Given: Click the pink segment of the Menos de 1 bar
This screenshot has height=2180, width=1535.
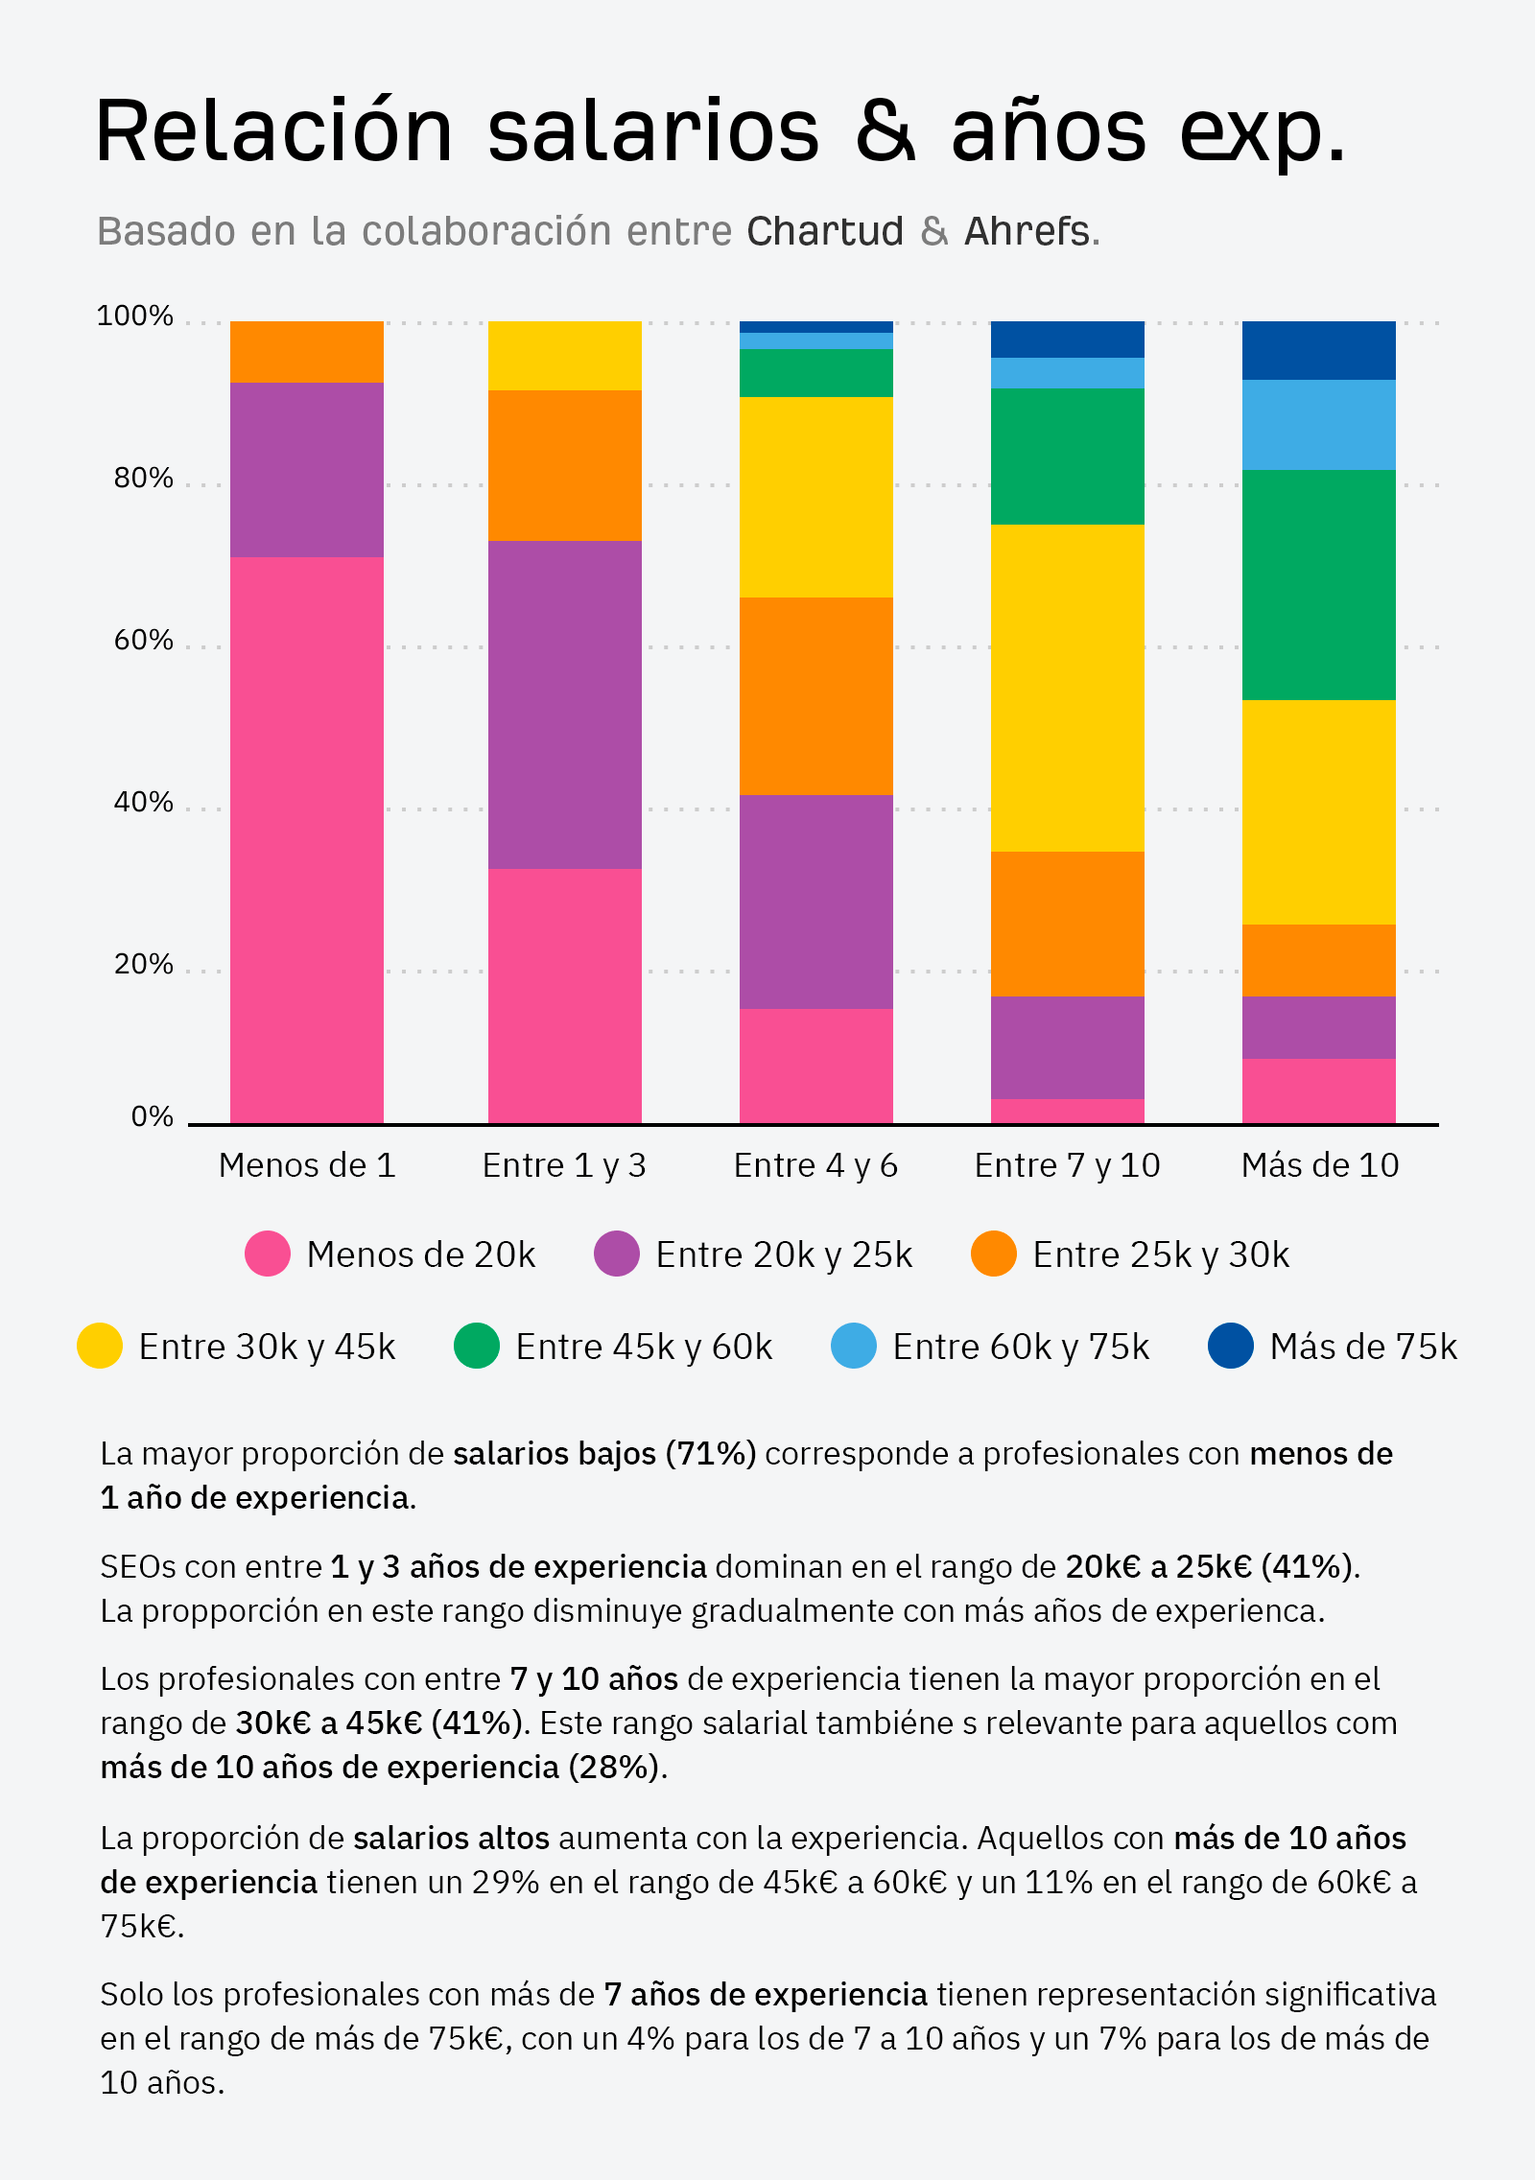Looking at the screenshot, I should coord(306,839).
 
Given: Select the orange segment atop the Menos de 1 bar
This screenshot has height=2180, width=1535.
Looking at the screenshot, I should coord(306,351).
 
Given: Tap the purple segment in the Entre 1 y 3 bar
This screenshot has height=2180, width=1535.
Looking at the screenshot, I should coord(564,704).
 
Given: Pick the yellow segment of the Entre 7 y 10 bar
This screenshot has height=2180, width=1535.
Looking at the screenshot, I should coord(1067,687).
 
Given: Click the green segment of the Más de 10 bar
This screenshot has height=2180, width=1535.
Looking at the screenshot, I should coord(1318,584).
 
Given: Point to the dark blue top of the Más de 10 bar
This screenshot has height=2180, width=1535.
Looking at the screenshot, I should coord(1318,350).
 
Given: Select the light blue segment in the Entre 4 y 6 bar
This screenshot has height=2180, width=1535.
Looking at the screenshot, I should coord(815,340).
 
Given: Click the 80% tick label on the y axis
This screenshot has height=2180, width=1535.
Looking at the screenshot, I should coord(143,478).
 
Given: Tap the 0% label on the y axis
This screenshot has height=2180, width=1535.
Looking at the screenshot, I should coord(152,1116).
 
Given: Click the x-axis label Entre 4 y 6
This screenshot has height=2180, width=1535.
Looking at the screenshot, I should coord(815,1165).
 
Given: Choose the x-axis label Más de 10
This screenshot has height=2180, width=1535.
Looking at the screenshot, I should coord(1319,1165).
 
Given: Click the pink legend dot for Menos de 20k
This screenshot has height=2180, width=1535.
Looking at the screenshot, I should coord(268,1254).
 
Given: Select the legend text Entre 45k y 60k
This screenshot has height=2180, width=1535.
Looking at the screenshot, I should coord(644,1347).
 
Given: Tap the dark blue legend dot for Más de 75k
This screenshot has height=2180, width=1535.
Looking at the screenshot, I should coord(1231,1346).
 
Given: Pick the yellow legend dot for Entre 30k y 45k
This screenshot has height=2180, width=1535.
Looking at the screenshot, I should coord(100,1346).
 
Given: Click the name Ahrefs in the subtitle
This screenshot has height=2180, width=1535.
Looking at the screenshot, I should coord(1027,231).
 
